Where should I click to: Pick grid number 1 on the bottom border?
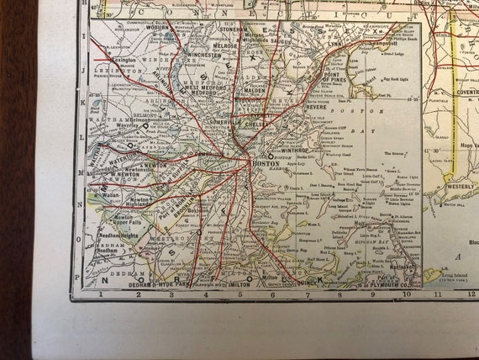(x=99, y=294)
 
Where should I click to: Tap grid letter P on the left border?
(x=76, y=274)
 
